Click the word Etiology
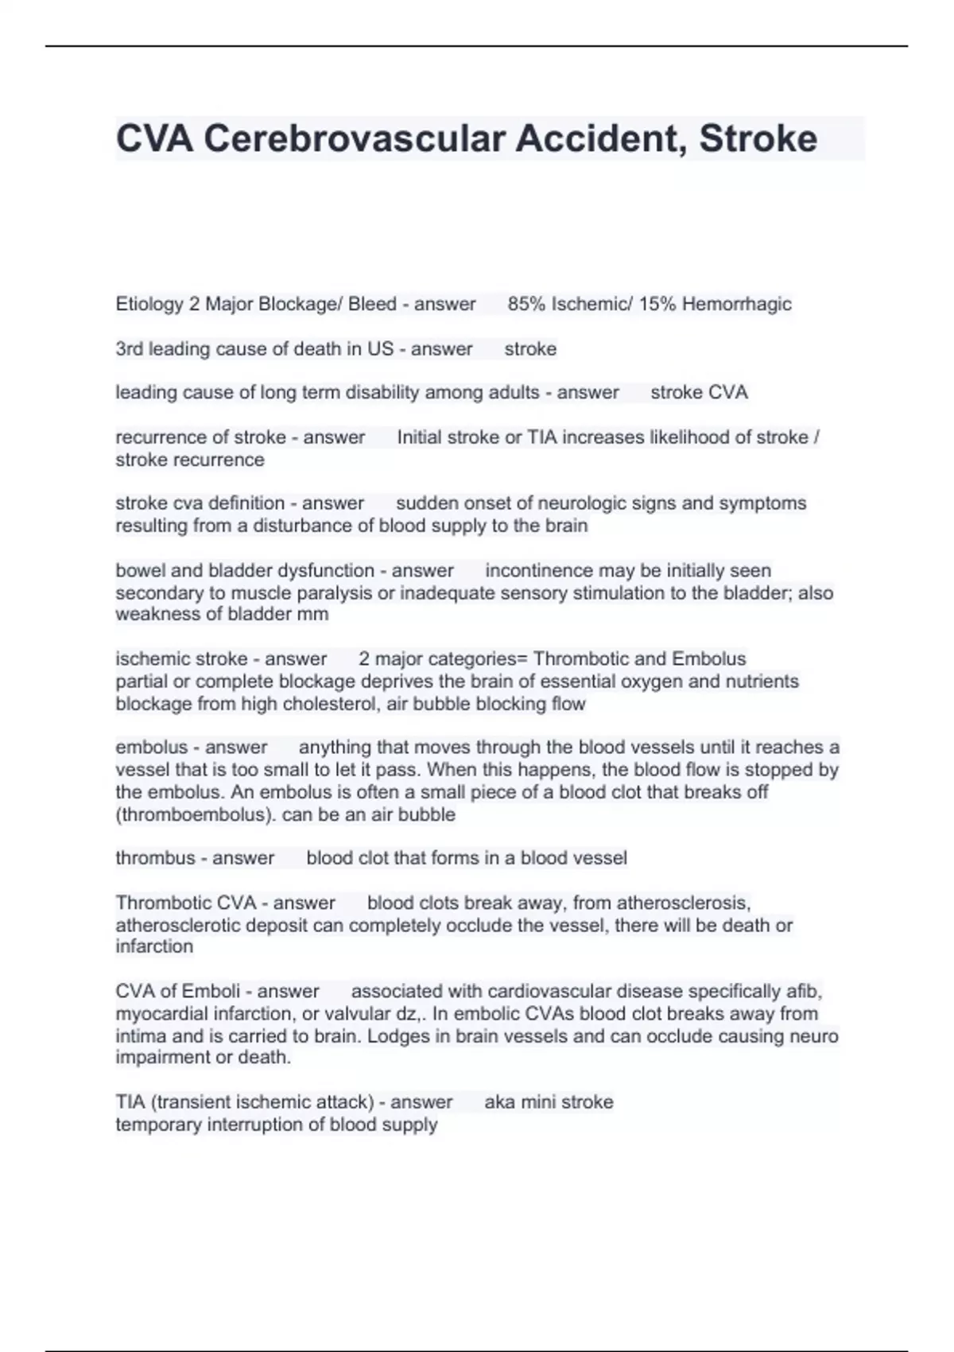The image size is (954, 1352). coord(149,304)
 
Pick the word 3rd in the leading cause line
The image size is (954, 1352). coord(129,349)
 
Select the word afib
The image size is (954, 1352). coord(804,992)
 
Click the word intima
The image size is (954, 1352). coord(141,1036)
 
